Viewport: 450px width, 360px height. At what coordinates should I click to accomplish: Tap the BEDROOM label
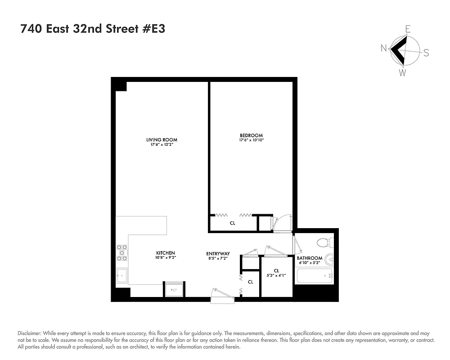pyautogui.click(x=251, y=135)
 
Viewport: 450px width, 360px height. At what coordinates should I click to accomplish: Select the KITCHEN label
pyautogui.click(x=166, y=253)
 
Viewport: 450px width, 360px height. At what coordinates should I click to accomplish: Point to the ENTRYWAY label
pyautogui.click(x=218, y=253)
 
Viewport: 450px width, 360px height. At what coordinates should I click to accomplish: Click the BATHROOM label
pyautogui.click(x=310, y=258)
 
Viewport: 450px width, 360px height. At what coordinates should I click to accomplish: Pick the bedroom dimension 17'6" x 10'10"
pyautogui.click(x=251, y=140)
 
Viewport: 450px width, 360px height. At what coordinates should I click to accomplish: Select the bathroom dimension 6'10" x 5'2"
pyautogui.click(x=309, y=263)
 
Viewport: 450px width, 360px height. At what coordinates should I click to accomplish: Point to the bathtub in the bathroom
pyautogui.click(x=314, y=275)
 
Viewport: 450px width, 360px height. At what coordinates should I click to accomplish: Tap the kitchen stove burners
pyautogui.click(x=121, y=253)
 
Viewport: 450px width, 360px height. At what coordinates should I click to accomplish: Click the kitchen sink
pyautogui.click(x=121, y=275)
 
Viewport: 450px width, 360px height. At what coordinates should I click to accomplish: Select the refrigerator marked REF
pyautogui.click(x=174, y=289)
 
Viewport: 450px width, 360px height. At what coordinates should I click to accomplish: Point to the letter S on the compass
pyautogui.click(x=426, y=53)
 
